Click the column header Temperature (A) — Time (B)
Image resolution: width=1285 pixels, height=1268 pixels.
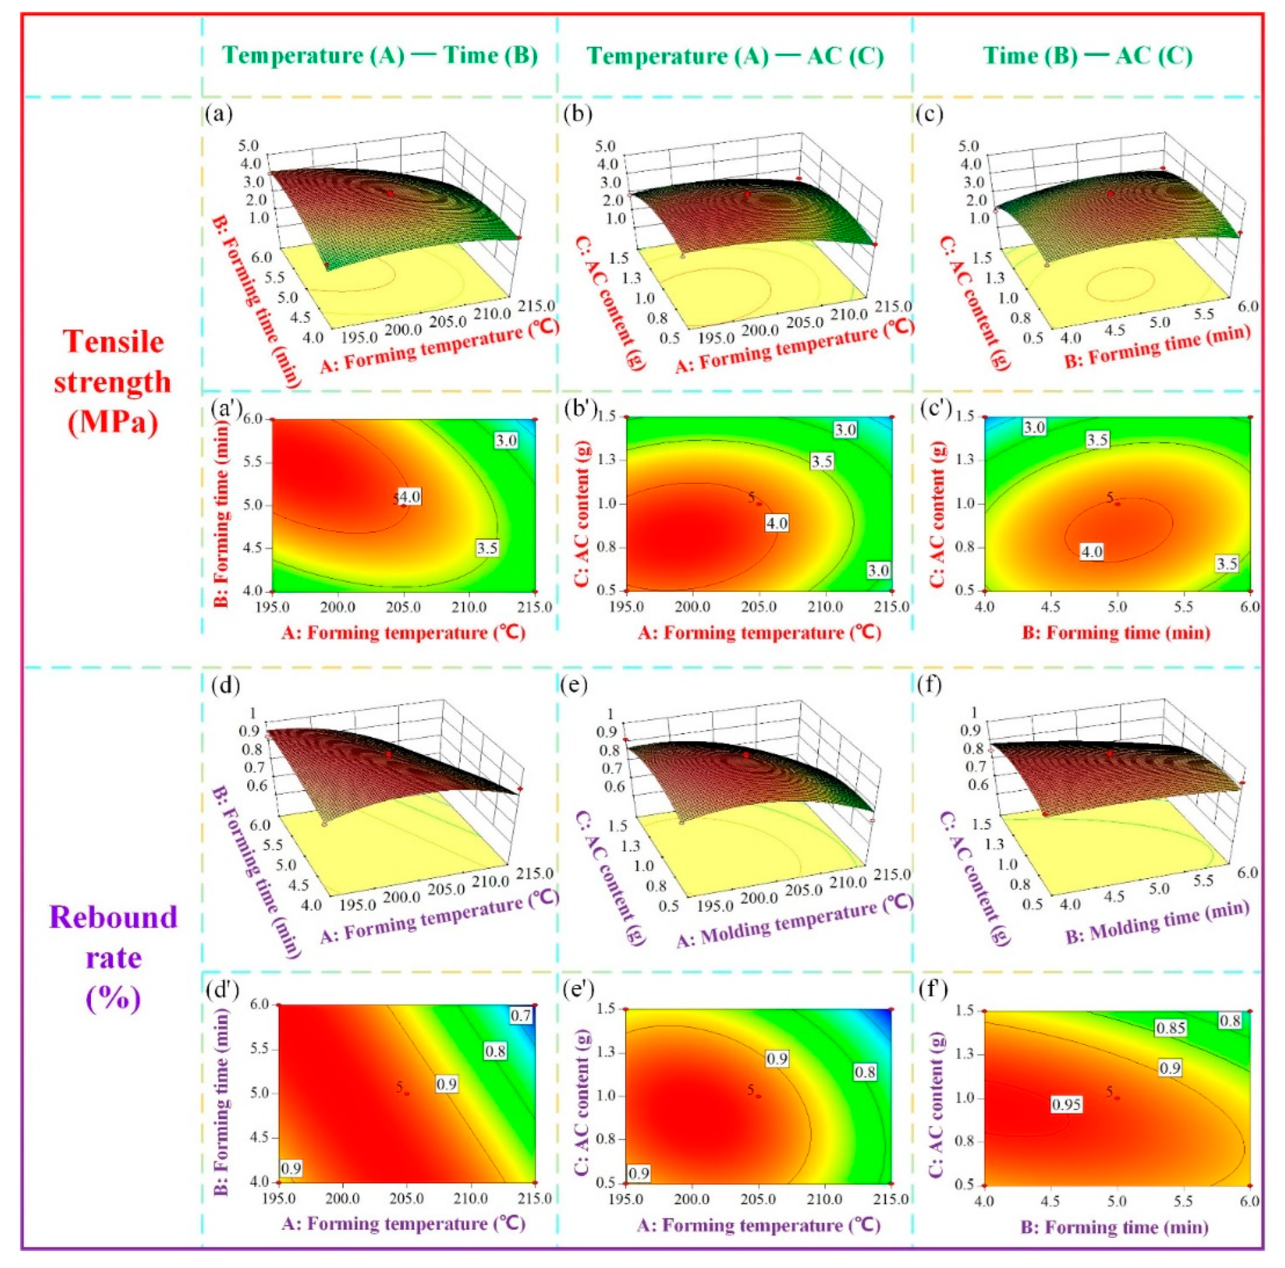click(380, 55)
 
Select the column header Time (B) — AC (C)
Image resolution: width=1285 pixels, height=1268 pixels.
click(1087, 55)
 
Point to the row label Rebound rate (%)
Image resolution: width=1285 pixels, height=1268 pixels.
click(113, 958)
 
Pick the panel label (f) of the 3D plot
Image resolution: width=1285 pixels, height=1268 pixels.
click(928, 684)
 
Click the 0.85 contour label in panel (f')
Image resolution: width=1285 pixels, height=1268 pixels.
click(1170, 1027)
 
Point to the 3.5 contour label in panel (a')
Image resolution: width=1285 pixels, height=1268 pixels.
click(487, 548)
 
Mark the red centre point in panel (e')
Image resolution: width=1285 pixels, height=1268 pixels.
click(758, 1096)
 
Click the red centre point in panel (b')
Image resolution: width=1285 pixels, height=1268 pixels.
click(759, 503)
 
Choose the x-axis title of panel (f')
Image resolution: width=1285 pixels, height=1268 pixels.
click(1115, 1226)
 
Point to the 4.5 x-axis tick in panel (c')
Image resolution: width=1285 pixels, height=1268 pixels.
click(1051, 607)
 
